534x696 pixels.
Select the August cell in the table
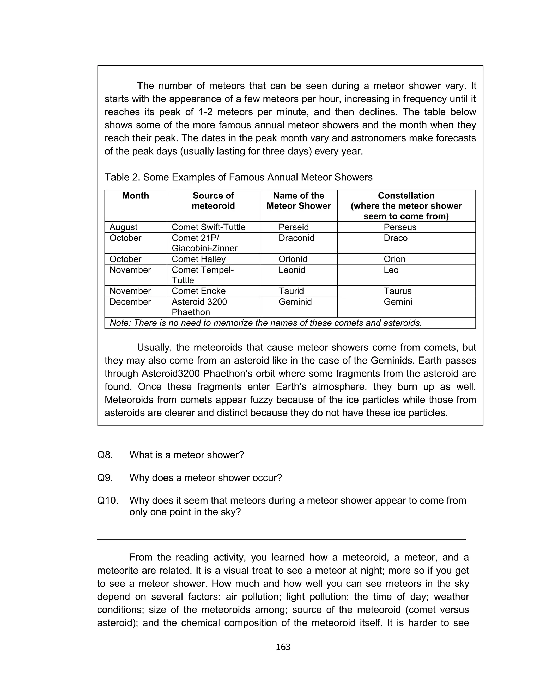pyautogui.click(x=123, y=227)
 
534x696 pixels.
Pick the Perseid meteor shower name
pyautogui.click(x=293, y=227)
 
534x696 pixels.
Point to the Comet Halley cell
pyautogui.click(x=199, y=259)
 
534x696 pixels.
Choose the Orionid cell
pyautogui.click(x=293, y=259)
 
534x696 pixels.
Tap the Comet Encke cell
pyautogui.click(x=199, y=291)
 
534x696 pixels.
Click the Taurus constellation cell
pyautogui.click(x=397, y=291)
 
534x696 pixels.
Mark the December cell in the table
pyautogui.click(x=130, y=302)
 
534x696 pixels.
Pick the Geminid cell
pyautogui.click(x=295, y=302)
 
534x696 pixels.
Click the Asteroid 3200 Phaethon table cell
pyautogui.click(x=199, y=307)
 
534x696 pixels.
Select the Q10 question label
pyautogui.click(x=107, y=500)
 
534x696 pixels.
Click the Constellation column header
pyautogui.click(x=406, y=196)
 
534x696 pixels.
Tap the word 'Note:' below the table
pyautogui.click(x=120, y=323)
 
